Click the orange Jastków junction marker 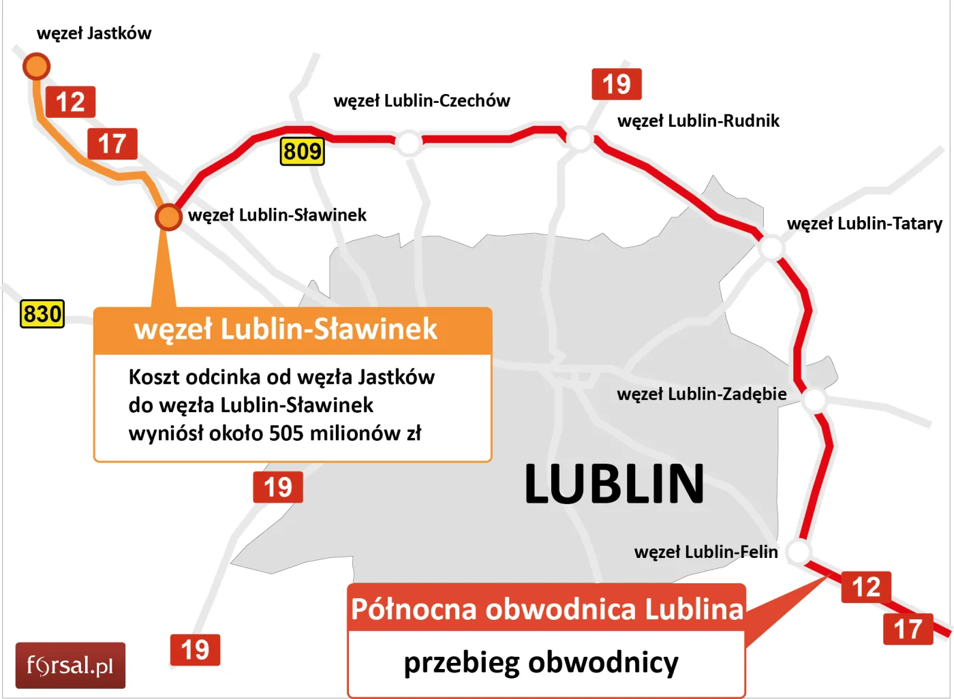coord(36,66)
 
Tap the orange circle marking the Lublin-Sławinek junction coord(168,217)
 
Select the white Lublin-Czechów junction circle coord(409,142)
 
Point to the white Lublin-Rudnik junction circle coord(580,138)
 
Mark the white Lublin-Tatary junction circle coord(771,247)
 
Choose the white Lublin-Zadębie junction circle coord(814,400)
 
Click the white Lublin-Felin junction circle coord(799,551)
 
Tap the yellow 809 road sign coord(302,151)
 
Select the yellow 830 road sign coord(42,314)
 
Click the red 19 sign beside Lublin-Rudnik coord(616,84)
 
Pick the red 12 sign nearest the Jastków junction coord(70,102)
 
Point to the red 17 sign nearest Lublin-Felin coord(908,629)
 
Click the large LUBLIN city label coord(614,484)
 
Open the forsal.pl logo coord(70,665)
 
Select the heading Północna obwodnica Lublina coord(547,608)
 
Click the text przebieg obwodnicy coord(541,662)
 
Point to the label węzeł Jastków coord(94,33)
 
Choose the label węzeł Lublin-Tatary coord(864,223)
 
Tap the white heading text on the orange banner coord(286,329)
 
